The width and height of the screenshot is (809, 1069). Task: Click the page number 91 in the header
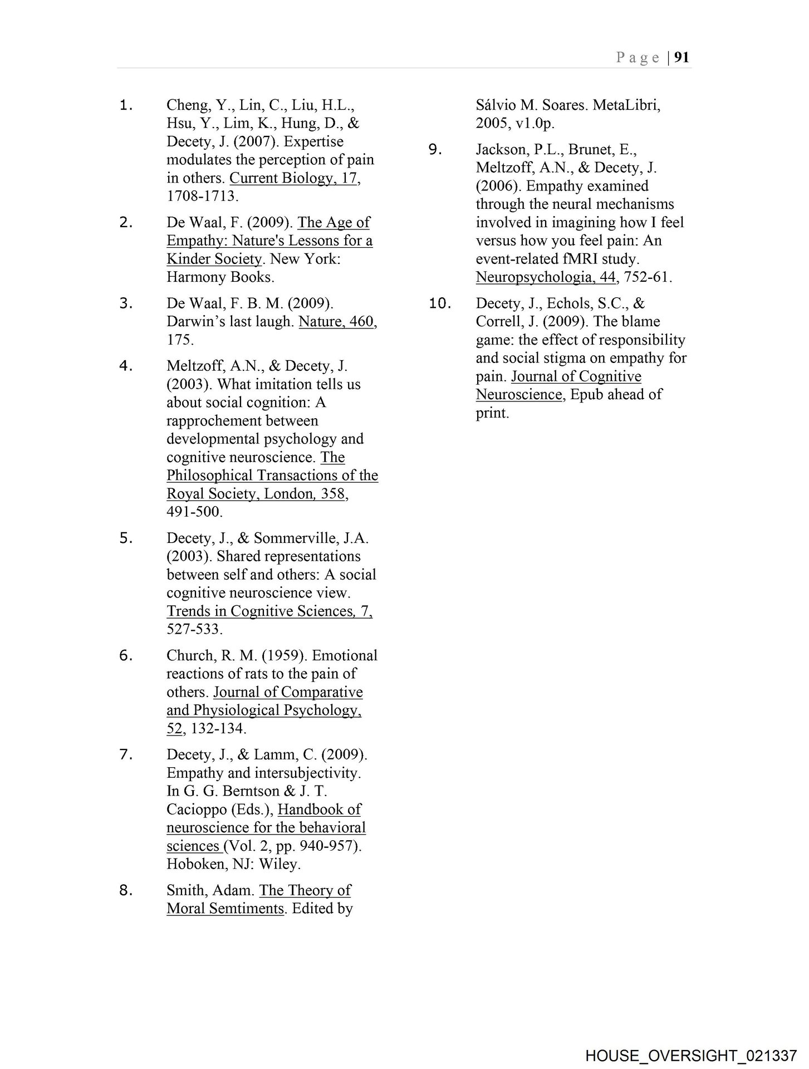click(x=682, y=57)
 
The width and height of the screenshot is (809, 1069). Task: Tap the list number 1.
click(x=126, y=105)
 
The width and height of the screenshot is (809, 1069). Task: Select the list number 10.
click(x=440, y=303)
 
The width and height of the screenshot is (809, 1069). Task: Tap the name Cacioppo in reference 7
click(x=193, y=810)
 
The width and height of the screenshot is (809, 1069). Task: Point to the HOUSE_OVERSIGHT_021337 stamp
click(x=691, y=1056)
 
